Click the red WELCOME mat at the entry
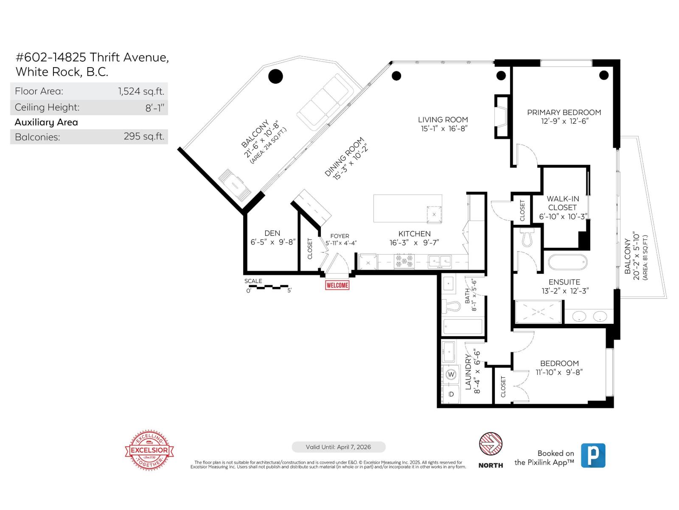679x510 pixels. point(337,285)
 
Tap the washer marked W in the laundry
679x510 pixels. point(451,374)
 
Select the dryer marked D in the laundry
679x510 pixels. point(451,394)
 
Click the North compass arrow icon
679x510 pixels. point(491,444)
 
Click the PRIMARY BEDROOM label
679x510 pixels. point(564,112)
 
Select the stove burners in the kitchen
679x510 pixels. point(404,261)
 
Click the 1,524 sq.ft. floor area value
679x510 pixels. point(141,91)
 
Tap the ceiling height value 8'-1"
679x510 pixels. point(154,108)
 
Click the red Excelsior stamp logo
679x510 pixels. point(149,450)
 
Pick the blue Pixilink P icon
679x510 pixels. point(593,455)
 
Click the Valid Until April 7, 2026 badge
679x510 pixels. point(338,447)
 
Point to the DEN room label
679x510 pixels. point(272,233)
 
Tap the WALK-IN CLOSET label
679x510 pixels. point(562,203)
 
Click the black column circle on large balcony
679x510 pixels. point(275,76)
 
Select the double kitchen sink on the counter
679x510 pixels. point(440,261)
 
